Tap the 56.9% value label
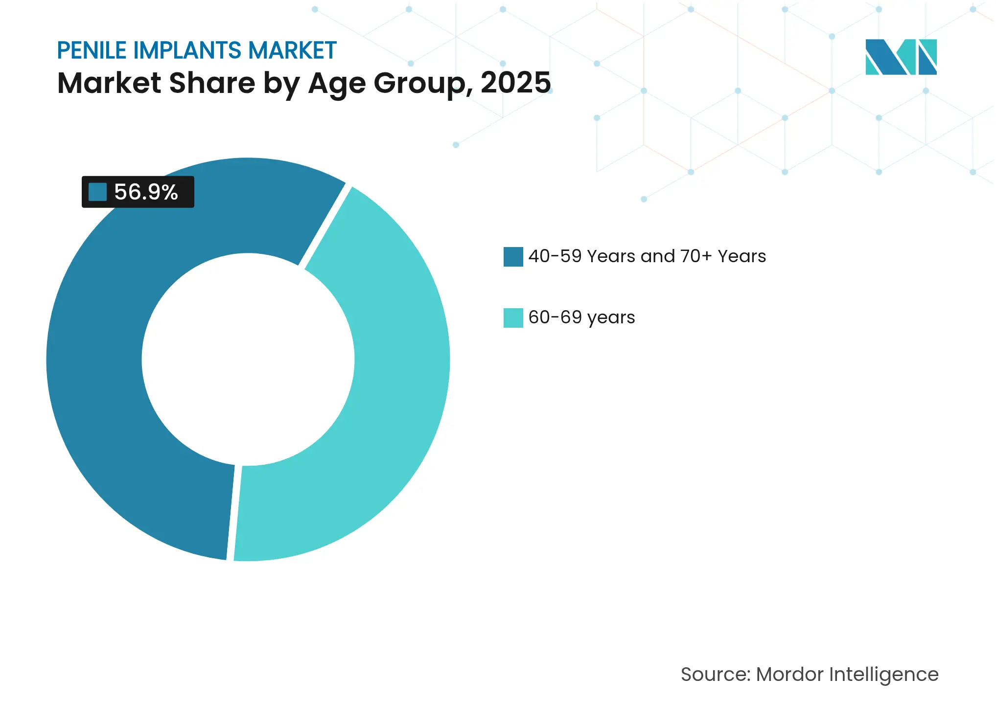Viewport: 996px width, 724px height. point(146,192)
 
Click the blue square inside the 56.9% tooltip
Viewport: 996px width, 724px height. point(97,192)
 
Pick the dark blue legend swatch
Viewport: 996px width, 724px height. point(513,257)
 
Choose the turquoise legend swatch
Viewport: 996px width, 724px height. point(513,318)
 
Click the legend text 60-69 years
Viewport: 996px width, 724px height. point(581,317)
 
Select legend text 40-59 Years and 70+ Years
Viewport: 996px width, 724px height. point(647,256)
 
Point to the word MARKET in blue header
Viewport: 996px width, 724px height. point(292,50)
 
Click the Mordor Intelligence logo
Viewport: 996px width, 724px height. point(901,57)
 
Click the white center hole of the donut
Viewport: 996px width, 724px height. point(248,360)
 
